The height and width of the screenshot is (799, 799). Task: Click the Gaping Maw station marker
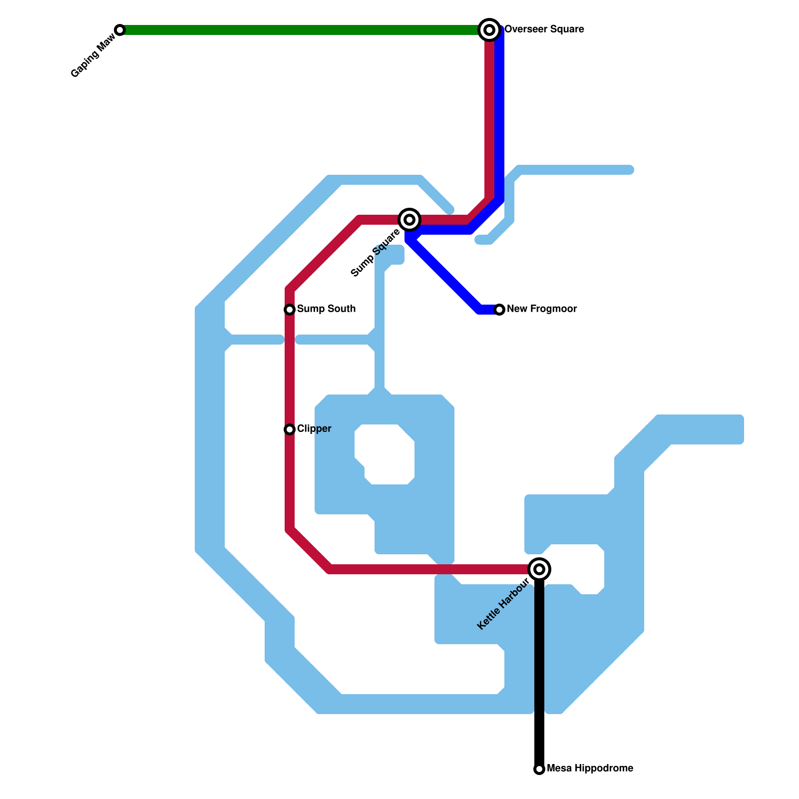(120, 30)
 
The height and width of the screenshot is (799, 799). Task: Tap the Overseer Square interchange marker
(489, 30)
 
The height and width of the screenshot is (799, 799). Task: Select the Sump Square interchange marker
(409, 220)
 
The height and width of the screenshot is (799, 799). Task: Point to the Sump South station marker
(290, 310)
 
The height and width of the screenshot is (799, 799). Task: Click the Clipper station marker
(290, 429)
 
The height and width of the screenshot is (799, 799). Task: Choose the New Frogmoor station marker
(499, 310)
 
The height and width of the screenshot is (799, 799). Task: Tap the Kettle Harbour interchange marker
(539, 569)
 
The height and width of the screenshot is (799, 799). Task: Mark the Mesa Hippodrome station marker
(539, 769)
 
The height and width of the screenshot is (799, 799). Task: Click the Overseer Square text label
(544, 29)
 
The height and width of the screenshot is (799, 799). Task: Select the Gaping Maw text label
(93, 59)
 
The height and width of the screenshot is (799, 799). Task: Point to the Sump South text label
(326, 309)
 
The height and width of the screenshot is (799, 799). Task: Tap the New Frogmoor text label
(542, 309)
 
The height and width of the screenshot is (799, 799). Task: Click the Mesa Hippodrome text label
(590, 769)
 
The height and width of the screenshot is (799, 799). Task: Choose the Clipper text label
(314, 429)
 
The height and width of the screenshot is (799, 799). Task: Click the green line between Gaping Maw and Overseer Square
(300, 30)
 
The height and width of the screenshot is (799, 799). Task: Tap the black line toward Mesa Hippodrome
(539, 674)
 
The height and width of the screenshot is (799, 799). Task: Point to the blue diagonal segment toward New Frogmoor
(444, 275)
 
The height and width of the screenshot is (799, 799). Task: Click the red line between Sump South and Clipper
(290, 370)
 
